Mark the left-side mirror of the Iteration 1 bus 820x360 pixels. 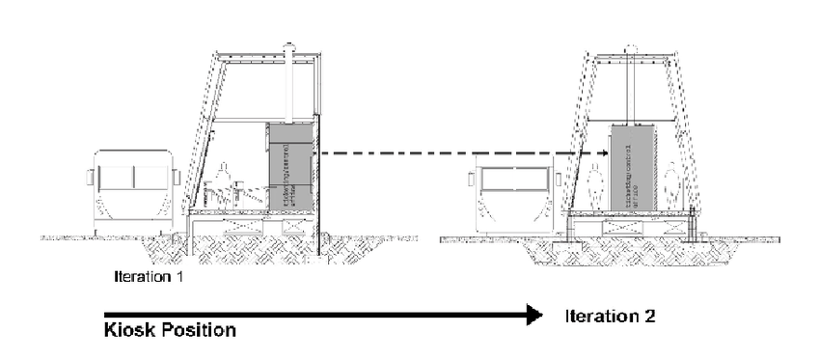pyautogui.click(x=90, y=177)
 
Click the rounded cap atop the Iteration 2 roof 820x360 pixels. pyautogui.click(x=631, y=48)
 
